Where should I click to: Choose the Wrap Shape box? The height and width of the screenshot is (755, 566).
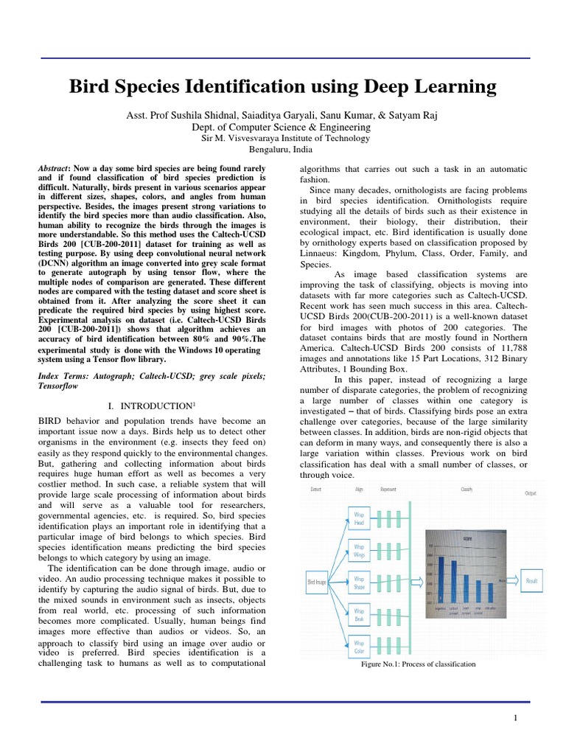point(360,582)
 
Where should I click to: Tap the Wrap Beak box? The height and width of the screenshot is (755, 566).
point(360,614)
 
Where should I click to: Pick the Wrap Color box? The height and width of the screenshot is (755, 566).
point(360,647)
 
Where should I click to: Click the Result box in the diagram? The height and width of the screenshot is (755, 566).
point(531,581)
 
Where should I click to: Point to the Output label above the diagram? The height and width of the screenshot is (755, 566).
point(530,493)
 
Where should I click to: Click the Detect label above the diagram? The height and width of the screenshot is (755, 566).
point(315,489)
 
